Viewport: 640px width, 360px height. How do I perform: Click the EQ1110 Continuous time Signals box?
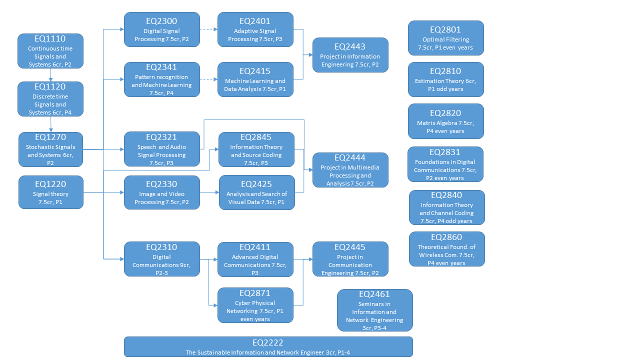click(50, 51)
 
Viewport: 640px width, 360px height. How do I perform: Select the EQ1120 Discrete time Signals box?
click(50, 99)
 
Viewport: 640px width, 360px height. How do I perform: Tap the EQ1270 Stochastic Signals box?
click(50, 149)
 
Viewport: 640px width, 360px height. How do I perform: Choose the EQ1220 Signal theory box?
click(50, 192)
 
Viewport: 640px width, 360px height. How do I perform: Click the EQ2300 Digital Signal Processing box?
click(161, 29)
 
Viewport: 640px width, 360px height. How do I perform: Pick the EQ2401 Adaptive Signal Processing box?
click(255, 29)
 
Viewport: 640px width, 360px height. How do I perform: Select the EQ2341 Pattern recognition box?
click(161, 79)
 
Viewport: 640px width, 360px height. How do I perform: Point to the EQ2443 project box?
click(350, 55)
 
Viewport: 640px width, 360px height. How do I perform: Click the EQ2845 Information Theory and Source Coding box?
click(256, 149)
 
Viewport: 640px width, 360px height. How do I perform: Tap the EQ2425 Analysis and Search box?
click(256, 192)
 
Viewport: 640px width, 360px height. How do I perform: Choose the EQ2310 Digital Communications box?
click(161, 259)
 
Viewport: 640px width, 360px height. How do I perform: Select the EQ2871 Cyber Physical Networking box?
click(255, 305)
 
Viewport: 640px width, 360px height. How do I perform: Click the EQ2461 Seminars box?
click(374, 310)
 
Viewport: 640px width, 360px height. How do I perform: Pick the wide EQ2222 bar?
click(268, 346)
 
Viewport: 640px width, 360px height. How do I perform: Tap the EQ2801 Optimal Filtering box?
click(445, 38)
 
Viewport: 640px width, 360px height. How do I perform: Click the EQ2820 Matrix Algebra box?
click(445, 121)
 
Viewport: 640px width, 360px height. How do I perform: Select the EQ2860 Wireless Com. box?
click(446, 249)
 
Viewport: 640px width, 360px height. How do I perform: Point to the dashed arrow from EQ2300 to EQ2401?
click(208, 29)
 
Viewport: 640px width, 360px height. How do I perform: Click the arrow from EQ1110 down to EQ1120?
click(50, 75)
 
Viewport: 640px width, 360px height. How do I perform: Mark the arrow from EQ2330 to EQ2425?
click(209, 192)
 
